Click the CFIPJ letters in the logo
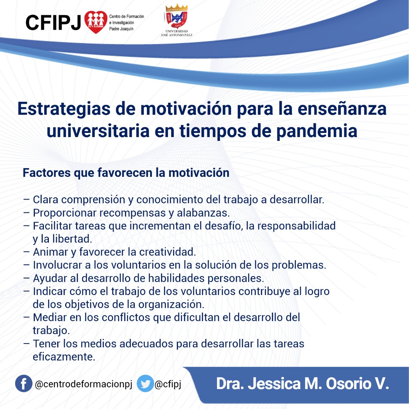point(53,22)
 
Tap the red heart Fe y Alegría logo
point(96,22)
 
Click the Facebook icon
point(23,383)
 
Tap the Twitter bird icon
point(145,383)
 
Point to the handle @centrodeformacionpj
point(83,384)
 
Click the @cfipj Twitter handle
point(168,384)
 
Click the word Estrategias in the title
point(64,109)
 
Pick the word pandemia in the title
point(317,131)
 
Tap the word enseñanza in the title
point(342,109)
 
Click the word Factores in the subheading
point(47,173)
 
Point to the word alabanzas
point(203,213)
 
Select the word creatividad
point(167,252)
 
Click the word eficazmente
point(64,357)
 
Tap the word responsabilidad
point(297,226)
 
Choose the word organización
point(171,304)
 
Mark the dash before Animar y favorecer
point(27,252)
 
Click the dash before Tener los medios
point(27,343)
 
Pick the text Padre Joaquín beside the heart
point(121,29)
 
